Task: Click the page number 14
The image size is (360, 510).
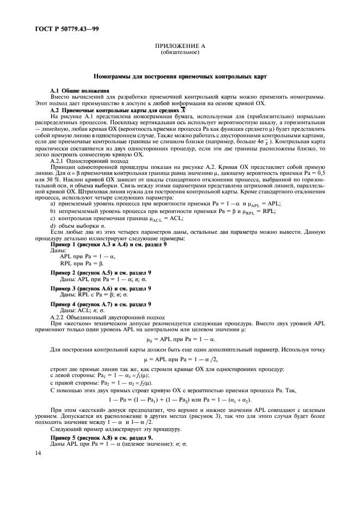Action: point(38,453)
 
